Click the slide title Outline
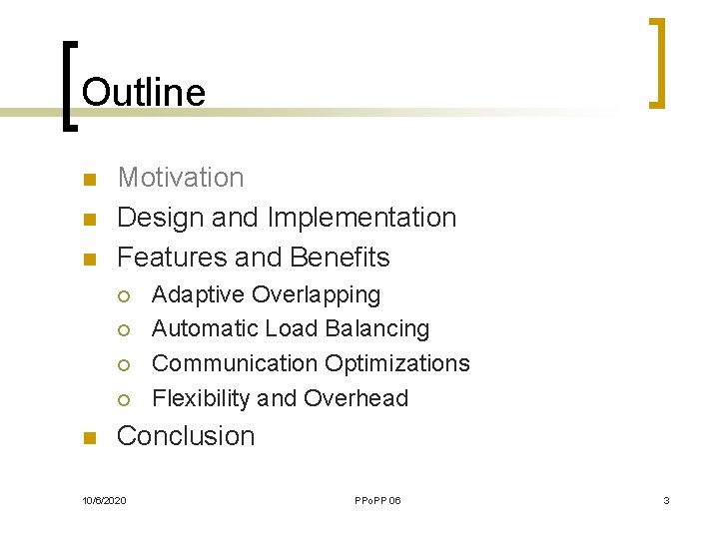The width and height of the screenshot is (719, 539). point(144,93)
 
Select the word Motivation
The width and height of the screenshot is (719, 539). point(181,178)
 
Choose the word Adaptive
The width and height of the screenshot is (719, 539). point(198,295)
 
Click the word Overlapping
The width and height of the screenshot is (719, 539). point(317,295)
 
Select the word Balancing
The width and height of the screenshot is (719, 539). point(380,329)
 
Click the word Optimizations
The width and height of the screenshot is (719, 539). point(397,363)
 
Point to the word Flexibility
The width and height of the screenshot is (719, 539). point(201,398)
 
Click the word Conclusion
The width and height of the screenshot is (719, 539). point(186,436)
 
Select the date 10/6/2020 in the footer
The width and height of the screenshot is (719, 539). point(104,500)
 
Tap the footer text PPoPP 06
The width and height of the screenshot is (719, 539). point(377,500)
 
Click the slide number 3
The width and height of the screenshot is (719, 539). point(666,500)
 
